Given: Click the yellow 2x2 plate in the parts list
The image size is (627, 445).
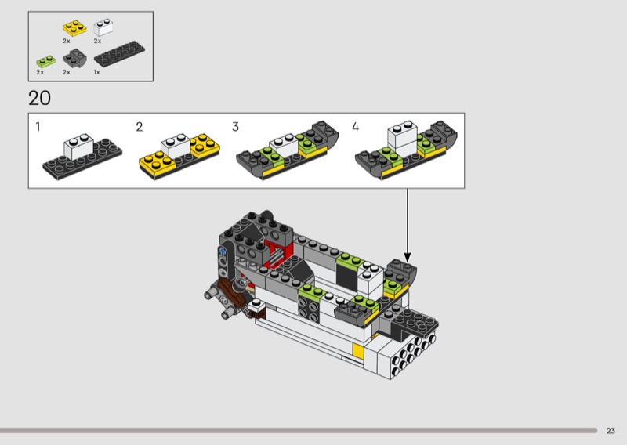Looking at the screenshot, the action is coord(74,28).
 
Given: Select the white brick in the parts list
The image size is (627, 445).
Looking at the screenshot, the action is coord(103,27).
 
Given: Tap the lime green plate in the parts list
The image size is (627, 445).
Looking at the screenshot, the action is coord(46,61).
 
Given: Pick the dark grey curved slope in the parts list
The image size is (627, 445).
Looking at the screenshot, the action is coord(74,59).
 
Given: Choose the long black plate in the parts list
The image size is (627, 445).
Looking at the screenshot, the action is coord(119,54).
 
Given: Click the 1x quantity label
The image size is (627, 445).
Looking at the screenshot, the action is coord(96,72).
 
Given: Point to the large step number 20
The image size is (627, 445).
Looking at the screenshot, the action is coord(40,99).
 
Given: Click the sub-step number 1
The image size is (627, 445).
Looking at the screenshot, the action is coord(38,127).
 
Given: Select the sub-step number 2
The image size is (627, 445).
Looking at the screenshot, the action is coord(140,127).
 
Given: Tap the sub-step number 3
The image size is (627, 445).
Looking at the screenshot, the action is coord(236,127).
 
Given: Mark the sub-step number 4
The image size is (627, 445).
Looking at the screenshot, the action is coord(356,127).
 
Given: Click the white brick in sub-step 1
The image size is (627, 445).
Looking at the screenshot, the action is coord(79,147).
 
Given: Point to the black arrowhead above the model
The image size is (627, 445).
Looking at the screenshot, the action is coord(408,257).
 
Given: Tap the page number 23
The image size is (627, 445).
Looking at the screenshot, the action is coord(611,431).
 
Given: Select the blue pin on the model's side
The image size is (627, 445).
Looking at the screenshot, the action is coord(223,252).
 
